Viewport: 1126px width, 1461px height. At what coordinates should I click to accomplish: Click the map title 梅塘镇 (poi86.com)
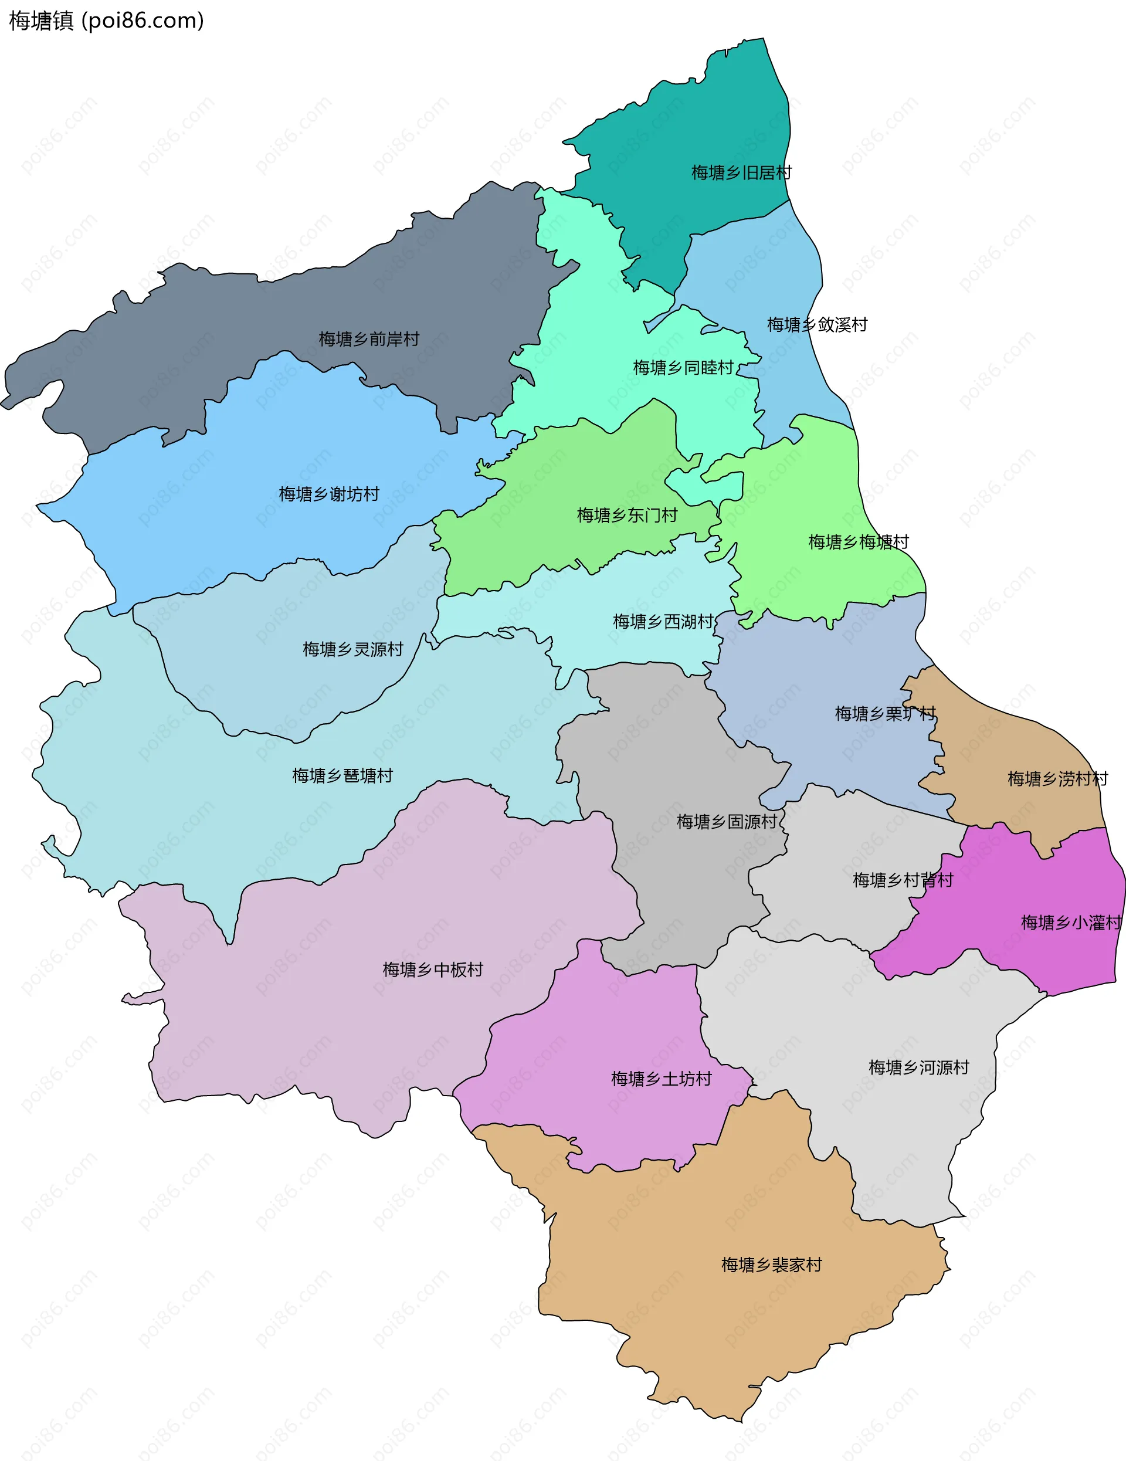(x=106, y=21)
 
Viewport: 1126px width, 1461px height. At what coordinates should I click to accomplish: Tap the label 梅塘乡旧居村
(x=741, y=172)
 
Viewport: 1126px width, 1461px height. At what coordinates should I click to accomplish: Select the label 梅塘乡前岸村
(x=369, y=339)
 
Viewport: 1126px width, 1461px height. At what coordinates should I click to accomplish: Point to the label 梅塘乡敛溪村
(x=817, y=324)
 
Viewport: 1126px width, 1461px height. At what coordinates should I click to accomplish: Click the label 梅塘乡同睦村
(x=683, y=367)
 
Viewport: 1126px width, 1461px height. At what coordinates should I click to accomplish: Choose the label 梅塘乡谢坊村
(x=328, y=494)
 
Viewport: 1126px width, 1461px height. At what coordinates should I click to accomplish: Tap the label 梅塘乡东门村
(x=627, y=515)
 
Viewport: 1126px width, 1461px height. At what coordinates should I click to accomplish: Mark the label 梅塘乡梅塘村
(x=859, y=542)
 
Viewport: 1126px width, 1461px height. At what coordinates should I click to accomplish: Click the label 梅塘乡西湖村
(x=663, y=622)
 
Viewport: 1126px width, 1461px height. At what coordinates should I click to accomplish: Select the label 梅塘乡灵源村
(x=352, y=649)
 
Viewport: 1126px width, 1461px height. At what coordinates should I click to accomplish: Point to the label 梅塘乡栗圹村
(x=885, y=714)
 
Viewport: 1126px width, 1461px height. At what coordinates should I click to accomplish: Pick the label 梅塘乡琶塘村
(x=342, y=775)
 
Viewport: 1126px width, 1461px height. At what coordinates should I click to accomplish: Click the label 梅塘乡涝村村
(x=1058, y=779)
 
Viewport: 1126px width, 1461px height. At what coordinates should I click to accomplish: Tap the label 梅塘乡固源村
(x=727, y=822)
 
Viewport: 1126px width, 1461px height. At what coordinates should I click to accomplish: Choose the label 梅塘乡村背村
(x=903, y=880)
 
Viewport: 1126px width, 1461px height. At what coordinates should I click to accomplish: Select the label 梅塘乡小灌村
(x=1070, y=923)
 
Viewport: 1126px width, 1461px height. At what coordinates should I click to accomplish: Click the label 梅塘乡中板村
(x=432, y=970)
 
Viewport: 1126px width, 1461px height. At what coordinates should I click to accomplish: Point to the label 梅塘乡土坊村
(x=661, y=1079)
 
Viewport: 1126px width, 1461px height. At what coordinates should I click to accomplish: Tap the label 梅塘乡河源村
(x=918, y=1067)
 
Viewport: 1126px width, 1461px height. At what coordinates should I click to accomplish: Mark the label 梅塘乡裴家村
(x=771, y=1265)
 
